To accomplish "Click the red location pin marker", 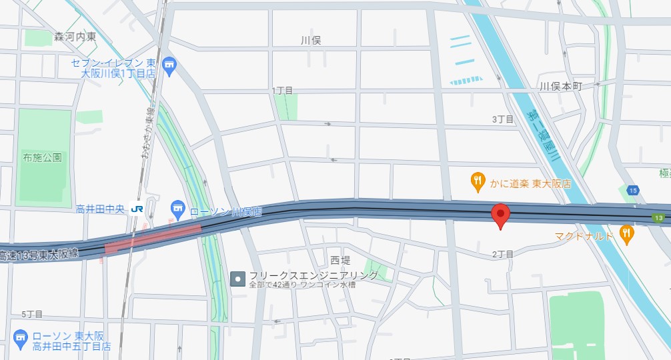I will click(x=500, y=215).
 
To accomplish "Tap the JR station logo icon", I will click(x=137, y=209).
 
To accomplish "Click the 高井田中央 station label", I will click(x=99, y=209).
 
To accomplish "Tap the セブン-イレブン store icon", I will click(x=169, y=65).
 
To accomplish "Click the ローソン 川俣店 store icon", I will click(x=177, y=209).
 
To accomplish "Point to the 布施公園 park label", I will click(x=42, y=158).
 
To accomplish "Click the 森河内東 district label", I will click(x=75, y=37).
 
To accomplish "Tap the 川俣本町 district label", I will click(x=560, y=87).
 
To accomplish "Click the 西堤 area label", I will click(x=340, y=260).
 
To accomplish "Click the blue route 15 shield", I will click(x=632, y=190).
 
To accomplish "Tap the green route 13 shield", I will click(x=658, y=218).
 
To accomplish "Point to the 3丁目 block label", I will click(x=503, y=119).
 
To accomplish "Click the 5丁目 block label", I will click(x=31, y=313).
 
